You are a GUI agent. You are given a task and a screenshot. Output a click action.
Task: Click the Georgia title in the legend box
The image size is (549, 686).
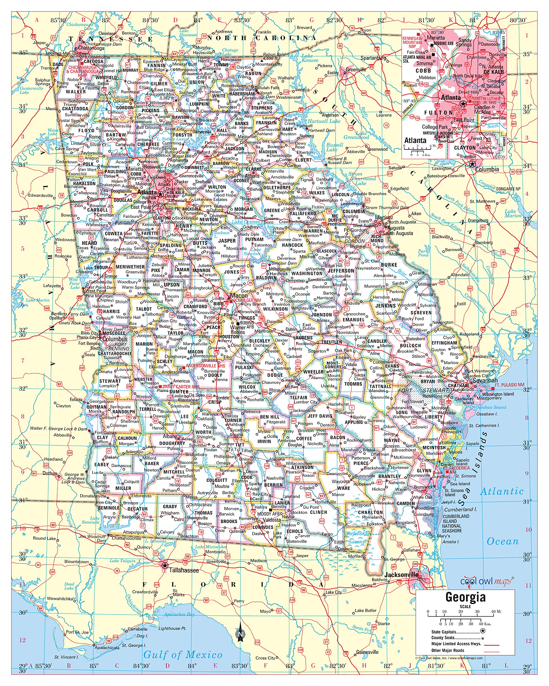(x=465, y=597)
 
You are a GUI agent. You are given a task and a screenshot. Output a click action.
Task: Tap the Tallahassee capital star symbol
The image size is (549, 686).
(x=165, y=565)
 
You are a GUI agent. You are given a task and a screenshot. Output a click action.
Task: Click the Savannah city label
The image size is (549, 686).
(x=485, y=380)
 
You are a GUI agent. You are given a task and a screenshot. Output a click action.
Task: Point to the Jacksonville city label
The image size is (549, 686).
(x=401, y=575)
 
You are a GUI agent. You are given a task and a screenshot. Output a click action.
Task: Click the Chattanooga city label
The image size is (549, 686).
(x=91, y=48)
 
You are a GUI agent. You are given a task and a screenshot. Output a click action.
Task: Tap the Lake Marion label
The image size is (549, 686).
(x=513, y=213)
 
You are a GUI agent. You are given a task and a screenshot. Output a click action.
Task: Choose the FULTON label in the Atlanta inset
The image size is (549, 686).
(x=438, y=113)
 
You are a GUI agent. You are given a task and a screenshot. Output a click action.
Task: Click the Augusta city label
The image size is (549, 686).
(x=396, y=228)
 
